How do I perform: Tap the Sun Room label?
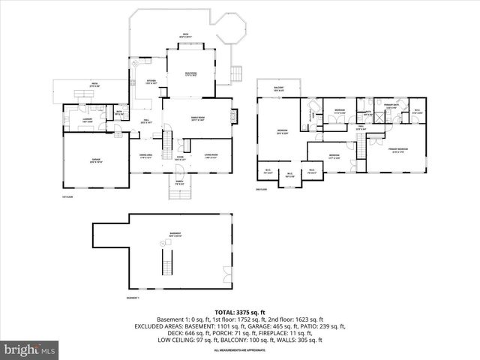click(x=191, y=74)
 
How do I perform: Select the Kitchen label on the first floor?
click(x=151, y=82)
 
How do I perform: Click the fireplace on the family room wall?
click(x=234, y=116)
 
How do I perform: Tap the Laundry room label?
click(x=86, y=119)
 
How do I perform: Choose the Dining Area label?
click(x=145, y=157)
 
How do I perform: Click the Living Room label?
click(x=210, y=157)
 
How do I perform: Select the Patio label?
click(x=94, y=85)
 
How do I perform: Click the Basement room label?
click(x=175, y=235)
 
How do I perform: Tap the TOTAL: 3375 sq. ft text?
click(x=240, y=312)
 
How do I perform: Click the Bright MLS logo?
click(x=30, y=349)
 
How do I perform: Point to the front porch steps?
click(x=179, y=194)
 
